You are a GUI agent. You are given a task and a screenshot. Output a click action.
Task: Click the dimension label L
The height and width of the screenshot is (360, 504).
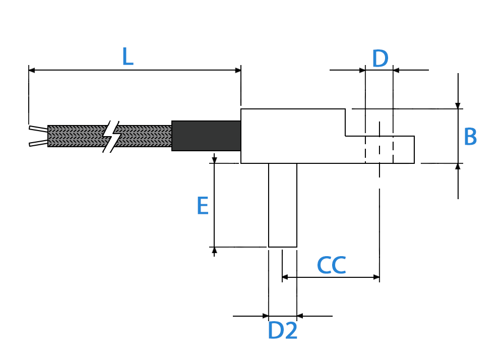click(x=128, y=56)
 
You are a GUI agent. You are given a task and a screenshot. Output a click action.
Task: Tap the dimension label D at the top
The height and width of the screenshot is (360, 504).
click(x=380, y=58)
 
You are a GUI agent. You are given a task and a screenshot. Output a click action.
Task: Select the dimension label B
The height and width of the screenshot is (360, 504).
click(x=470, y=137)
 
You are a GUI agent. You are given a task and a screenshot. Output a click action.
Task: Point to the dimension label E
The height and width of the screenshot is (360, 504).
click(x=203, y=206)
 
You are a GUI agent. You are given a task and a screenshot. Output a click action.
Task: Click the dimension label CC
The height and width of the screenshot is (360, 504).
click(x=332, y=265)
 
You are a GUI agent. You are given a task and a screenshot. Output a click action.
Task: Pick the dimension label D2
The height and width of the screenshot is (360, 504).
click(x=283, y=330)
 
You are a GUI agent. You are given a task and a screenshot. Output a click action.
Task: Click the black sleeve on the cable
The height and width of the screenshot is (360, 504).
click(x=206, y=136)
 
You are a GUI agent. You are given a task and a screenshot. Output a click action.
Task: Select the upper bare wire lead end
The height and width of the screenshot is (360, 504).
click(x=38, y=129)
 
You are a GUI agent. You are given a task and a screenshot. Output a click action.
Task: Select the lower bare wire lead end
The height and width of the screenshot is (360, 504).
click(x=38, y=143)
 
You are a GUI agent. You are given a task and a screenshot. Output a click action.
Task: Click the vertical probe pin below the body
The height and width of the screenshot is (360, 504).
click(x=283, y=205)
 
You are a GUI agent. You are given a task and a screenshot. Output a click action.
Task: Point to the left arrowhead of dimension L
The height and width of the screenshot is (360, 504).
click(x=31, y=70)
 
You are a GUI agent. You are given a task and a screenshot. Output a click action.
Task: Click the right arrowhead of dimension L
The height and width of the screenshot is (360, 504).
click(x=238, y=70)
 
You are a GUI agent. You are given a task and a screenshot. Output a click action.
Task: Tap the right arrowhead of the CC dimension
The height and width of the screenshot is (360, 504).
click(x=376, y=277)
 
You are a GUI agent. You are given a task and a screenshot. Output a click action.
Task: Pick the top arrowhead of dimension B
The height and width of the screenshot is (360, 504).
click(x=458, y=106)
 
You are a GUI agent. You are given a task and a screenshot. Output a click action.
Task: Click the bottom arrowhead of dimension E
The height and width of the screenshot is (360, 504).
click(x=214, y=250)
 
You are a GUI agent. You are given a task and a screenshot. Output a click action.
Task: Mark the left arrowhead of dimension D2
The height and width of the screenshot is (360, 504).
click(x=266, y=316)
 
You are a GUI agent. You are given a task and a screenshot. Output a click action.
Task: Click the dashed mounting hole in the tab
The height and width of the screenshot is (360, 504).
click(x=380, y=149)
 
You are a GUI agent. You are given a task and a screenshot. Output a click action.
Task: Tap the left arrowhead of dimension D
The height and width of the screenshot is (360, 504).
click(x=362, y=70)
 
